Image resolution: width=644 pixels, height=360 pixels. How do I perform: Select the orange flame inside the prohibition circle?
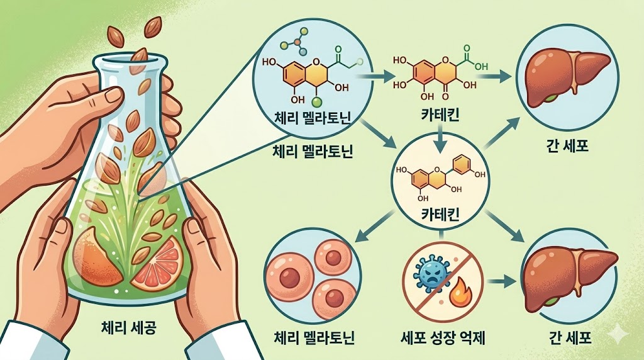[x=460, y=291]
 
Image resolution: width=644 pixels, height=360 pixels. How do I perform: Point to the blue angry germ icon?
[x=430, y=273]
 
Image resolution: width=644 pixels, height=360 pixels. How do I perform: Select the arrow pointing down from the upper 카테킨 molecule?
[x=441, y=135]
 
